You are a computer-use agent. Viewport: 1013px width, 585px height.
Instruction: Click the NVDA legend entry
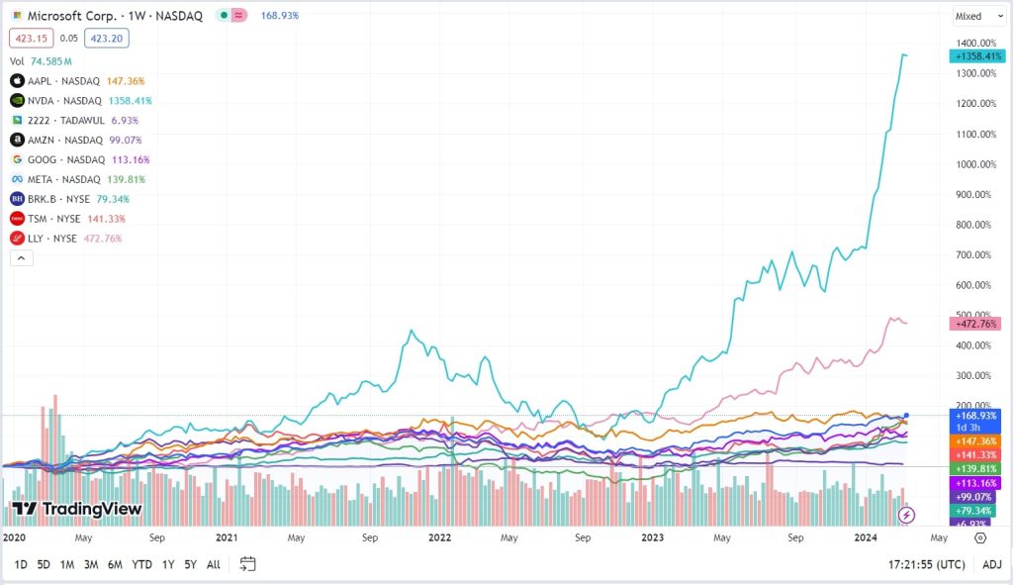[64, 100]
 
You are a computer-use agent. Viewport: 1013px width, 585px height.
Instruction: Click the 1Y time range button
[168, 564]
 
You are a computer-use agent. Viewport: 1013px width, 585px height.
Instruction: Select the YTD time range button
[141, 564]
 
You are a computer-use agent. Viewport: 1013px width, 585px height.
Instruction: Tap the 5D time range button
[44, 564]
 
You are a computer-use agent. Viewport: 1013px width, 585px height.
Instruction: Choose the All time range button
[214, 564]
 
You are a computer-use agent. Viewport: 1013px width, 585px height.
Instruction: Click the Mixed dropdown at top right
[973, 16]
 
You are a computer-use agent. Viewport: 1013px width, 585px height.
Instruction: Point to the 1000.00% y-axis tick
[975, 164]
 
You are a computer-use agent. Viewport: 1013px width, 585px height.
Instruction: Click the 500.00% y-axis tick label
[975, 316]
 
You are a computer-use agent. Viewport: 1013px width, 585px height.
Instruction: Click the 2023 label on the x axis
[652, 537]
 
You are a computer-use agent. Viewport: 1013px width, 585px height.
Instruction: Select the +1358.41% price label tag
[976, 56]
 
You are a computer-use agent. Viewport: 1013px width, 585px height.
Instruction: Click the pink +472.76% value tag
[975, 324]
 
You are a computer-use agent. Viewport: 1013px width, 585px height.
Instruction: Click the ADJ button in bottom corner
[991, 564]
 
